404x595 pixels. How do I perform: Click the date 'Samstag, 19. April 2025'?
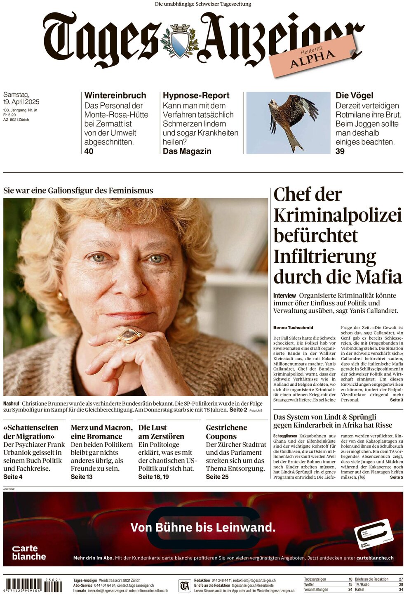(21, 98)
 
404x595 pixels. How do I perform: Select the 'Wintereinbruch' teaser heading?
(115, 95)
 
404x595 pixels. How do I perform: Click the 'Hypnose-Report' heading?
(196, 95)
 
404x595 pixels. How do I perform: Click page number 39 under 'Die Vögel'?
(340, 151)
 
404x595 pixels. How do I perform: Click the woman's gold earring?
(61, 296)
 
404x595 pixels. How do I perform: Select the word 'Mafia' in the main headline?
(378, 277)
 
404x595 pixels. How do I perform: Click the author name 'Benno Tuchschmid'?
(293, 328)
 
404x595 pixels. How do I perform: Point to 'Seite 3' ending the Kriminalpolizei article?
(396, 400)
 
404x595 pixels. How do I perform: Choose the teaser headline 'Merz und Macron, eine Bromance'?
(101, 432)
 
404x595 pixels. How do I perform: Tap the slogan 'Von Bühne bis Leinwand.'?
(203, 527)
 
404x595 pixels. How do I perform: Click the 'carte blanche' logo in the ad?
(28, 552)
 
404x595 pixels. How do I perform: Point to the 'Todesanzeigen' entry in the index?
(315, 579)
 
